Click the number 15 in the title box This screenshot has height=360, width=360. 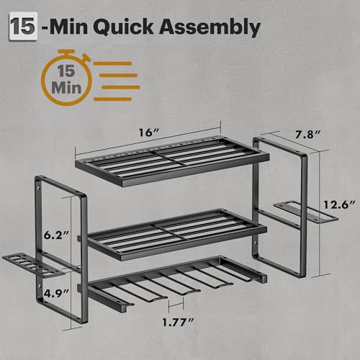point(23,27)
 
